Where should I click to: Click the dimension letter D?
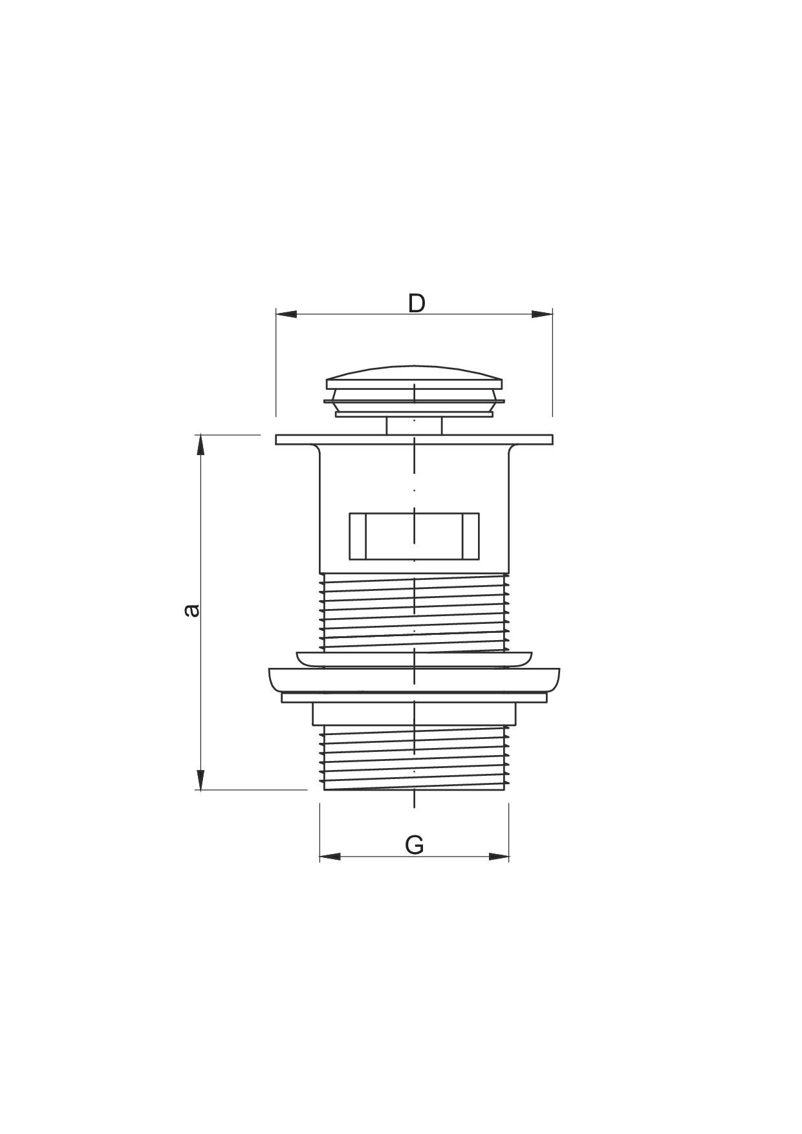coord(417,303)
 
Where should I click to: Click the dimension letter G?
coord(414,844)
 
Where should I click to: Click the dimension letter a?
coord(191,610)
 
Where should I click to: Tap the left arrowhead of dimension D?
coord(287,314)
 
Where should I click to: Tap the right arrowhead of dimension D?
coord(542,314)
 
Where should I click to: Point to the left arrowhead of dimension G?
coord(330,857)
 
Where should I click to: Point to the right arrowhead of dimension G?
coord(499,857)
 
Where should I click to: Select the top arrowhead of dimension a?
coord(200,445)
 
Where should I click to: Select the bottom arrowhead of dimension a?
coord(200,779)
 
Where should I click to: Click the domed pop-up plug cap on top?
coord(414,377)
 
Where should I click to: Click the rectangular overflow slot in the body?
coord(414,536)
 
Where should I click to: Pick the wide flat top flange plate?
coord(414,440)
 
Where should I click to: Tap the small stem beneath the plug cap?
coord(414,426)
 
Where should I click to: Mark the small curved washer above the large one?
coord(414,659)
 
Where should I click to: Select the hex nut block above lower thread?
coord(414,714)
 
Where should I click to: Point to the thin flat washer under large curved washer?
coord(414,698)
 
